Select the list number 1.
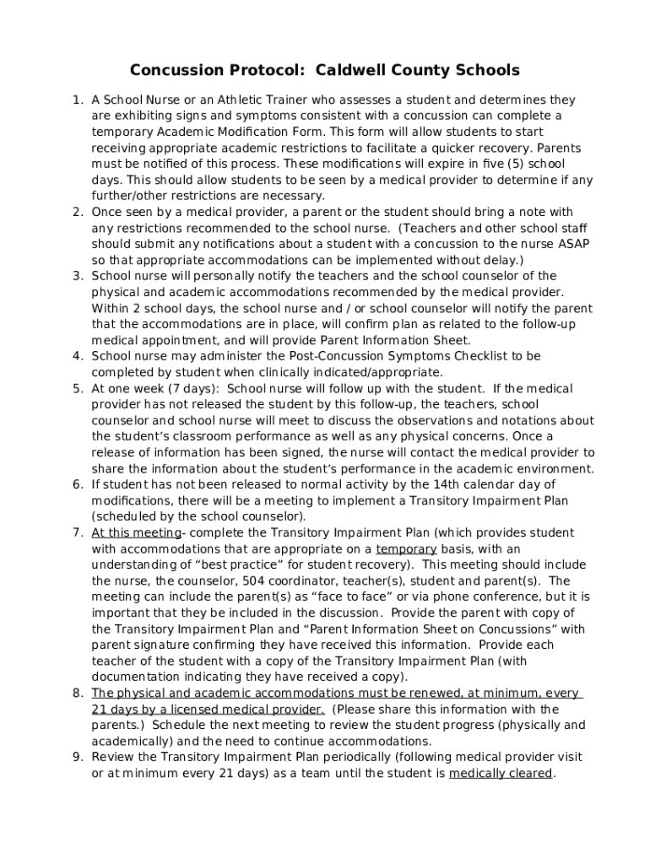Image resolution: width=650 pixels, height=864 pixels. [77, 100]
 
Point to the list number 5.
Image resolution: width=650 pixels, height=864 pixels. [77, 388]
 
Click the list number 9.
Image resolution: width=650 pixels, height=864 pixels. [77, 757]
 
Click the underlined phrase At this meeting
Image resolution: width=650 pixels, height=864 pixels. [136, 532]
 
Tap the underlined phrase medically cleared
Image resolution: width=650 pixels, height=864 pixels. [501, 773]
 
